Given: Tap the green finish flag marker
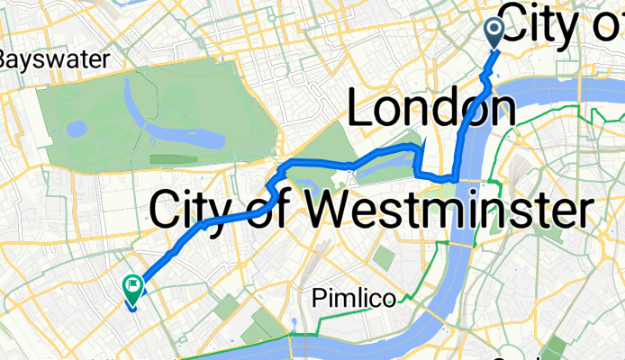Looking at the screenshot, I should pyautogui.click(x=131, y=288).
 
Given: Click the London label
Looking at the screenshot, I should pyautogui.click(x=431, y=111).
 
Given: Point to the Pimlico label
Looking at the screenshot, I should pyautogui.click(x=353, y=300).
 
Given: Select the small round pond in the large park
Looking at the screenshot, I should pyautogui.click(x=77, y=129).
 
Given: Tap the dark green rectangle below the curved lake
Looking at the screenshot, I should pyautogui.click(x=174, y=159).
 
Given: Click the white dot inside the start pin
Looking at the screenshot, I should pyautogui.click(x=495, y=29).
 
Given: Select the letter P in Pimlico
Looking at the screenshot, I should pyautogui.click(x=318, y=300).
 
